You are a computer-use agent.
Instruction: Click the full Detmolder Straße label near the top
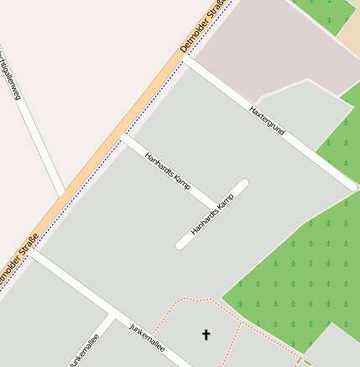tap(202, 26)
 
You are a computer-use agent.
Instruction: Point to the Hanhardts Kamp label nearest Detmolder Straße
tap(168, 170)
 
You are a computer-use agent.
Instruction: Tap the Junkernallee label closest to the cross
tap(148, 337)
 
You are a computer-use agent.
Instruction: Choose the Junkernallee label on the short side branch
tap(84, 350)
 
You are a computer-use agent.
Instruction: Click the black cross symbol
tap(206, 335)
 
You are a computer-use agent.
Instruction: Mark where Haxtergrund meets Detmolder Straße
tap(186, 59)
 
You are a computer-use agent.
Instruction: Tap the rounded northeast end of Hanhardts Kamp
tap(243, 183)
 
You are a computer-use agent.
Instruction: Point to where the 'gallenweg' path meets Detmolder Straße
tap(62, 195)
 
